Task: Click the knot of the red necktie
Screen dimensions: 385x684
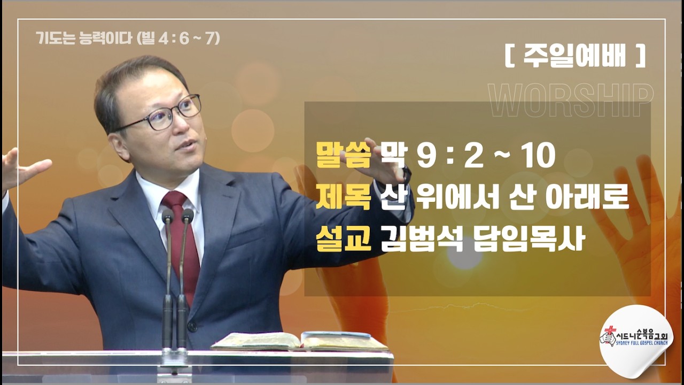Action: click(175, 202)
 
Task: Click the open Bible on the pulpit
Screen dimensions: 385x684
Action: click(299, 342)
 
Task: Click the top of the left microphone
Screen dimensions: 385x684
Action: click(168, 216)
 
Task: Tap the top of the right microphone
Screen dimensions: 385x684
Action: click(186, 215)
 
